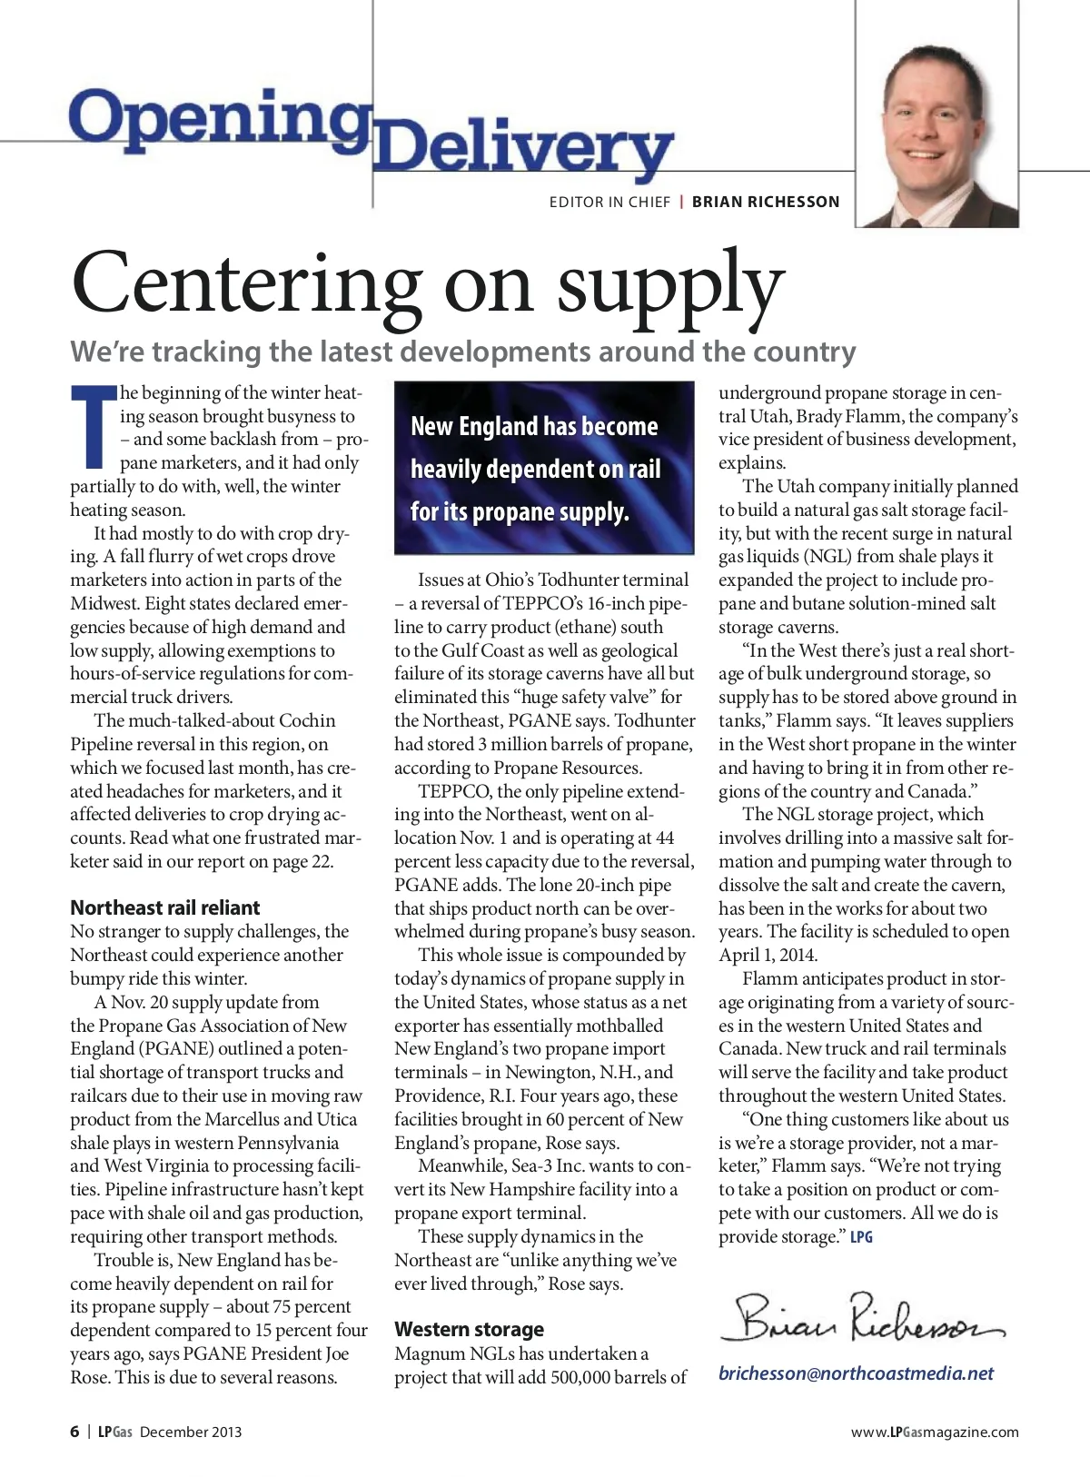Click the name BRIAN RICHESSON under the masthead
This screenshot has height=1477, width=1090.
[x=766, y=202]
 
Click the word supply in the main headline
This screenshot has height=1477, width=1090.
[x=669, y=285]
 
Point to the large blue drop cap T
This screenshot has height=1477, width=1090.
[x=94, y=425]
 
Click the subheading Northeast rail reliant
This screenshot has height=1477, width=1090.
[x=165, y=907]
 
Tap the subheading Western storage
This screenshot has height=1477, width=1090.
[x=469, y=1329]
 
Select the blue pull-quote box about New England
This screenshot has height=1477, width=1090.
[x=543, y=468]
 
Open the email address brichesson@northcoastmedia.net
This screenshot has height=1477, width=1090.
[x=856, y=1373]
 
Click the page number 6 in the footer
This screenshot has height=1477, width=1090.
[x=74, y=1432]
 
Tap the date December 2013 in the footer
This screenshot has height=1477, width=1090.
[x=191, y=1432]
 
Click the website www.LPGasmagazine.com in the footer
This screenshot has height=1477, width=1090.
[x=935, y=1432]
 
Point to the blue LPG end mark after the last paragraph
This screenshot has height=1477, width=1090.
[x=861, y=1237]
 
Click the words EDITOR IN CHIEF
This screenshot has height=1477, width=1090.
[x=609, y=202]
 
